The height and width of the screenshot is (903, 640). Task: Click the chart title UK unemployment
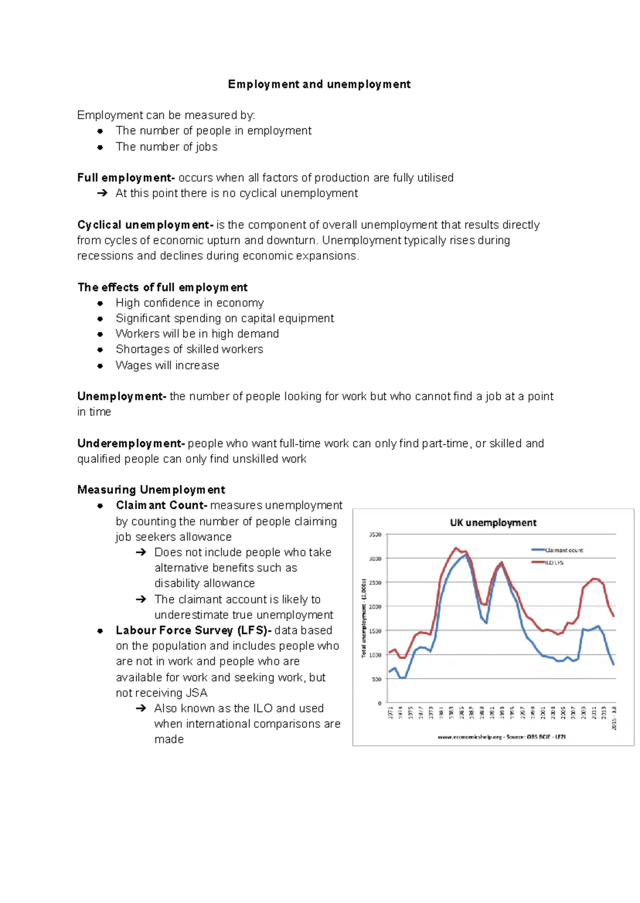click(493, 522)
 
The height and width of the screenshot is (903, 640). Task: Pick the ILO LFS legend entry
click(554, 562)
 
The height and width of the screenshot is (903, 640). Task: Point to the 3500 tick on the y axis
click(375, 534)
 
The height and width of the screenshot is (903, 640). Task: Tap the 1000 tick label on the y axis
click(375, 655)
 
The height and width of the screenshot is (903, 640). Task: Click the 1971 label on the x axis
click(390, 713)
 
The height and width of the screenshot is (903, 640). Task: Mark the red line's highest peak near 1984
click(456, 547)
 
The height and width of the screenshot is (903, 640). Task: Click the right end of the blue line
click(613, 664)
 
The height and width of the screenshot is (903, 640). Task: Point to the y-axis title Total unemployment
click(364, 618)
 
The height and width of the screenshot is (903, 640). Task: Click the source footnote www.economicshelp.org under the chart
click(501, 737)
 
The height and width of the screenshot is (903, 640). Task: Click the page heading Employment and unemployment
click(319, 84)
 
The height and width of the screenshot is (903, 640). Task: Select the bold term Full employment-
click(126, 178)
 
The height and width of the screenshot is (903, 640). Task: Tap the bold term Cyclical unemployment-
click(145, 225)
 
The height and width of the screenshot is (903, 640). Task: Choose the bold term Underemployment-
click(131, 444)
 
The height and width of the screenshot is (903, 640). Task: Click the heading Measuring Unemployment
click(151, 489)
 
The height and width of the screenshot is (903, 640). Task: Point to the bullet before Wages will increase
click(100, 366)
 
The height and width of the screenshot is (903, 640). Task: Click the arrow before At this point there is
click(102, 193)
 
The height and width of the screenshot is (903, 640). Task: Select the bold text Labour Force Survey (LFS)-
click(194, 630)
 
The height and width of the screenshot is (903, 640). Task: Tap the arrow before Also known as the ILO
click(141, 708)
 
